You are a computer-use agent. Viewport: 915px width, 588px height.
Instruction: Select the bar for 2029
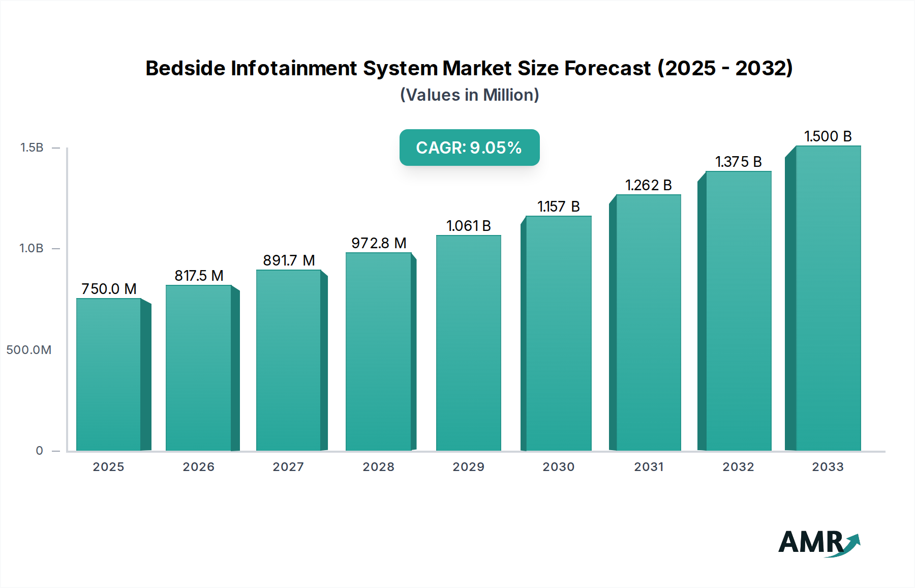pos(468,343)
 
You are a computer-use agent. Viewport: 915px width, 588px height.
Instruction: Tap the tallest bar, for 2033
pos(828,298)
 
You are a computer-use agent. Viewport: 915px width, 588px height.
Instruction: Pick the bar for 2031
pos(648,322)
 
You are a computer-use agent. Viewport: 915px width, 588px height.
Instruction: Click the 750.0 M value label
pos(109,289)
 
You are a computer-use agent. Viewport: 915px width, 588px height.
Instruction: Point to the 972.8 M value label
pos(379,243)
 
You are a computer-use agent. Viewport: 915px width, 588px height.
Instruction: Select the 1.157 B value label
pos(558,207)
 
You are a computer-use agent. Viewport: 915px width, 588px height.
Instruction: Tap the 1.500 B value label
pos(828,136)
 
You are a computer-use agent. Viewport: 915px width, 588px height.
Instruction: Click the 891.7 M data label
pos(289,260)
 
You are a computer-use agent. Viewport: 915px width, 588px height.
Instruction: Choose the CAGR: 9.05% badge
pos(469,148)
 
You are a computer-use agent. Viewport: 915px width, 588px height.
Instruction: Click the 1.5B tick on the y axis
pos(32,148)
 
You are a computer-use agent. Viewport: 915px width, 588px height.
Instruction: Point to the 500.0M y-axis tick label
pos(29,350)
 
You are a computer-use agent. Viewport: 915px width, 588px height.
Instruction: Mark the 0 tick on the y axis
pos(39,451)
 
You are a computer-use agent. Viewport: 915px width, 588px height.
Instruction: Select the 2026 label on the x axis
pos(198,467)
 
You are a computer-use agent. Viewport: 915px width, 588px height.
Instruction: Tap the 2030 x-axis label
pos(558,467)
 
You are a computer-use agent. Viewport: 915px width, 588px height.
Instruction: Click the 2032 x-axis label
pos(738,467)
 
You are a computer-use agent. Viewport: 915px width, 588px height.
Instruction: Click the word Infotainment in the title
pos(293,68)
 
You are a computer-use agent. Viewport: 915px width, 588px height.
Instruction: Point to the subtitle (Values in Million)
pos(469,95)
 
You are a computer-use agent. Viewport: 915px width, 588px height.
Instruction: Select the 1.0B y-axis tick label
pos(32,248)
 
